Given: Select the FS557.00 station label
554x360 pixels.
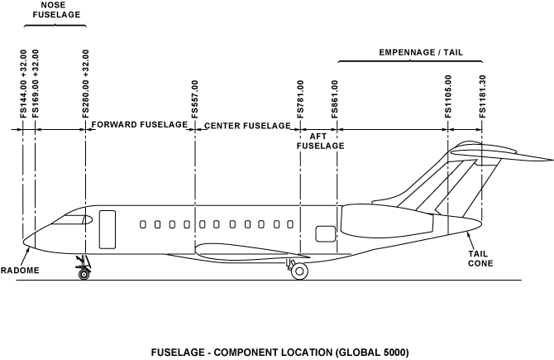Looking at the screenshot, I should pyautogui.click(x=195, y=99).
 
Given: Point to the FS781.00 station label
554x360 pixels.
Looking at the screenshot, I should pyautogui.click(x=300, y=99).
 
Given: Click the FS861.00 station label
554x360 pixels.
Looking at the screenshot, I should pyautogui.click(x=336, y=99).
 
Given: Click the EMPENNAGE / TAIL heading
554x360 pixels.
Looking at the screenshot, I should pyautogui.click(x=420, y=52).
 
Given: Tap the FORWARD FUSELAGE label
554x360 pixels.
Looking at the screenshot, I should pyautogui.click(x=140, y=125).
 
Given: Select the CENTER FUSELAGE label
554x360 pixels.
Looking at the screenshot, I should pyautogui.click(x=247, y=126).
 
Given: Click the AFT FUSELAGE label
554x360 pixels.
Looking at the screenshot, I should pyautogui.click(x=320, y=140).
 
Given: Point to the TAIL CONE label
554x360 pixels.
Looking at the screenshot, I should pyautogui.click(x=480, y=258).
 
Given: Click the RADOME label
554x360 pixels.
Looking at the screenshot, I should pyautogui.click(x=18, y=270).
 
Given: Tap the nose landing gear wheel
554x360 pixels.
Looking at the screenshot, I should pyautogui.click(x=84, y=273).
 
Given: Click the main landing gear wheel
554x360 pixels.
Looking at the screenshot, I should pyautogui.click(x=300, y=271).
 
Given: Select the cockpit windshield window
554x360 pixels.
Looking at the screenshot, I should pyautogui.click(x=73, y=219).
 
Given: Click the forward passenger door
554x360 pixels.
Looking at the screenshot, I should pyautogui.click(x=107, y=228).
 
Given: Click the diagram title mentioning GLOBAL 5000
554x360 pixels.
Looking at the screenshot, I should pyautogui.click(x=279, y=352).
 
